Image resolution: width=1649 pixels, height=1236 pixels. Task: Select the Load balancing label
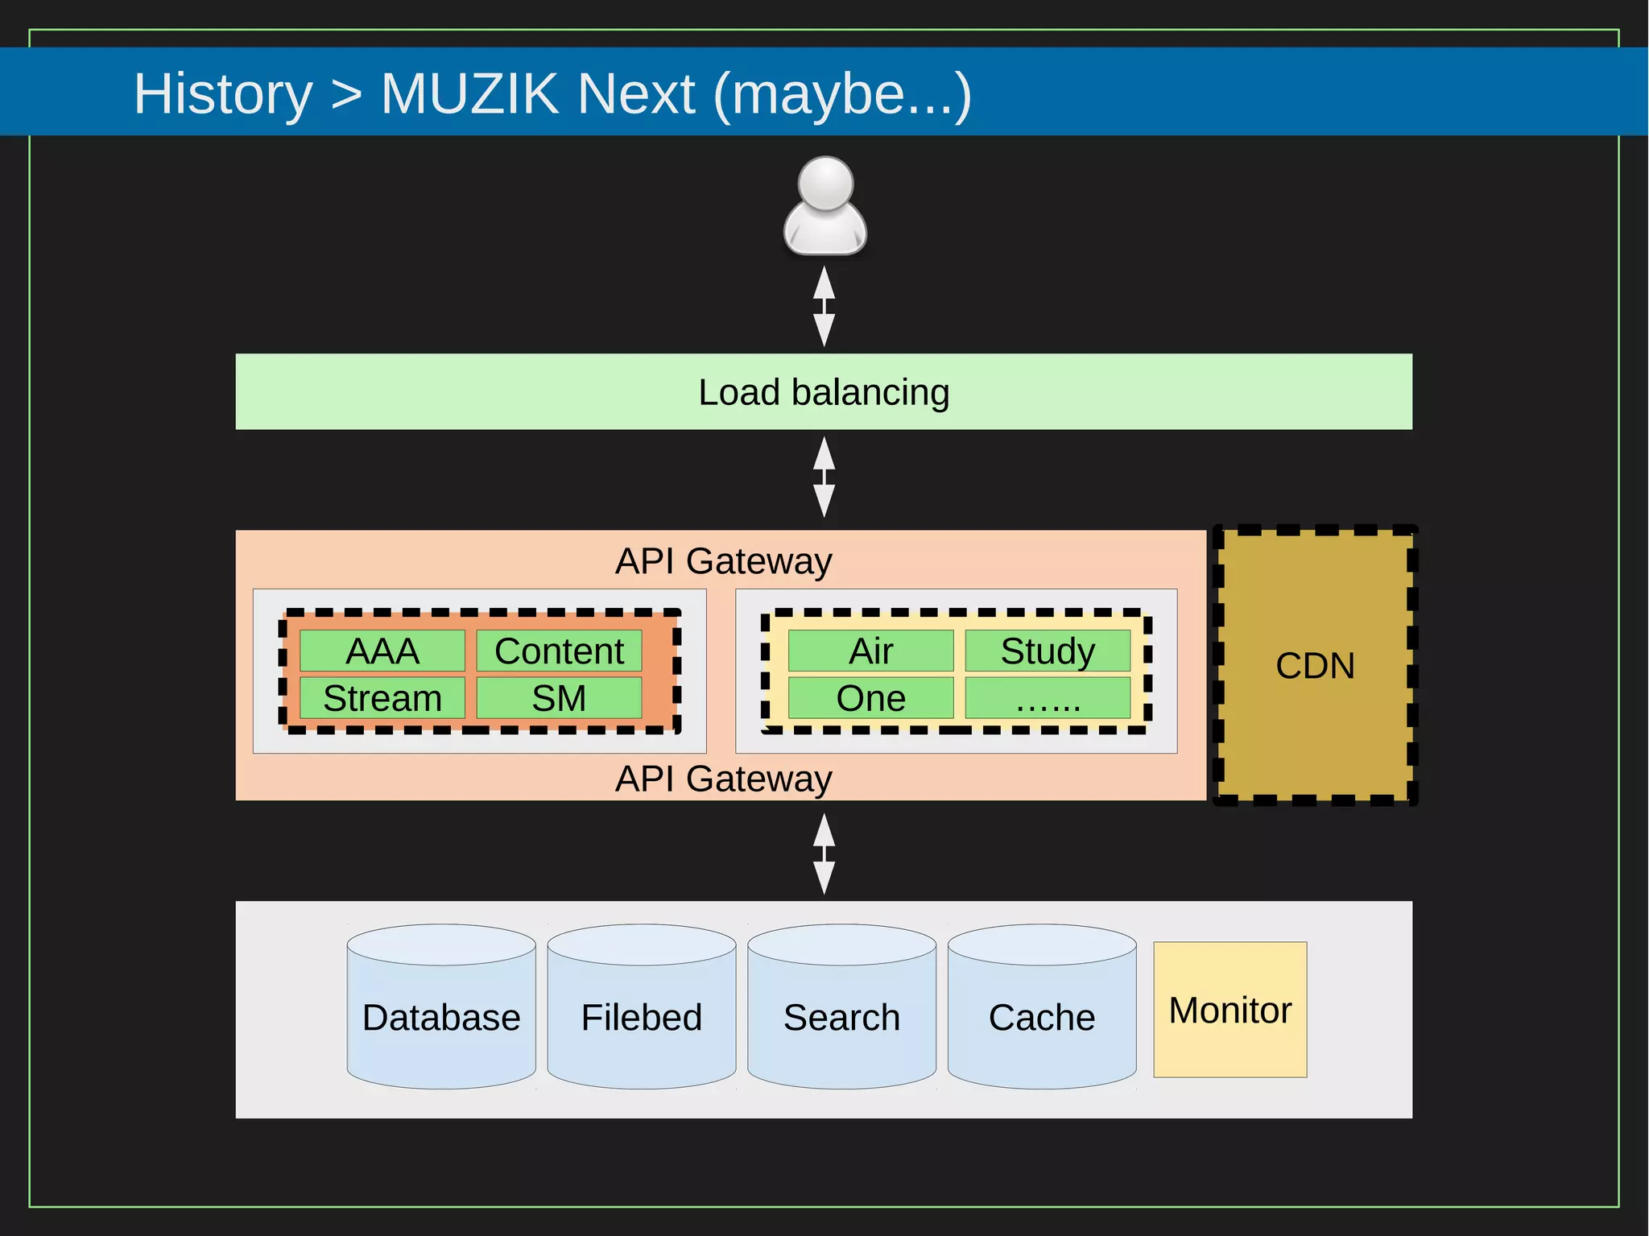(x=824, y=393)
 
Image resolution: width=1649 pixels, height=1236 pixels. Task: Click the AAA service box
(x=382, y=651)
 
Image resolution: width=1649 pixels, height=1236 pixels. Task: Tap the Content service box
(x=559, y=651)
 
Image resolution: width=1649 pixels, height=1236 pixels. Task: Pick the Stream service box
(x=382, y=697)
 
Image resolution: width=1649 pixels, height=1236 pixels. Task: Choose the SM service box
(x=559, y=697)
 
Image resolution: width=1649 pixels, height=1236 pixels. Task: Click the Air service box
(x=870, y=651)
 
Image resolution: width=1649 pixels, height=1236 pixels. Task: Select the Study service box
(x=1048, y=651)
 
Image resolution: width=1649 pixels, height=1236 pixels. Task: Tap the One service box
(x=870, y=697)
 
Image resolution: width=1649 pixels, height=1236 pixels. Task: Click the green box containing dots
(x=1048, y=697)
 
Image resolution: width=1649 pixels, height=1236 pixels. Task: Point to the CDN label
(x=1315, y=666)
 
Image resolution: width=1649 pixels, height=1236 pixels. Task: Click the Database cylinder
(x=441, y=1016)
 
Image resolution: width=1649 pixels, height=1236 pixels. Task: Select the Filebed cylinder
(x=642, y=1016)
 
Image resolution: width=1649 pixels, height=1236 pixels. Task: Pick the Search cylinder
(x=841, y=1016)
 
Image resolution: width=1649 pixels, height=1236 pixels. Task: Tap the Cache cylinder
(x=1042, y=1016)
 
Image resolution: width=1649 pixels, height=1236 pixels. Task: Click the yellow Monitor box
(x=1230, y=1010)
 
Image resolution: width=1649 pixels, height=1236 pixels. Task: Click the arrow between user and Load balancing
(x=824, y=307)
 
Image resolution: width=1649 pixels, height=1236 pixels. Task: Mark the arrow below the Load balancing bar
(x=824, y=477)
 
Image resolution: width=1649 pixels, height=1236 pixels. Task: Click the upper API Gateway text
(x=723, y=561)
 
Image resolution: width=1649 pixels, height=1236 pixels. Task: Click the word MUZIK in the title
(x=469, y=94)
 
